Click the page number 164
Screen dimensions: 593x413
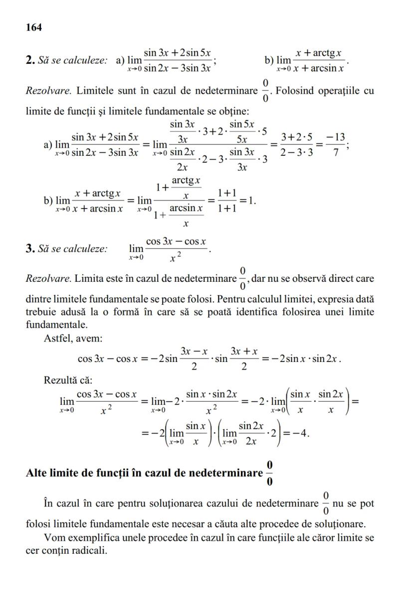[x=33, y=27]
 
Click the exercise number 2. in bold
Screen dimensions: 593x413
[x=29, y=60]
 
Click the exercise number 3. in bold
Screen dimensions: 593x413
[x=29, y=248]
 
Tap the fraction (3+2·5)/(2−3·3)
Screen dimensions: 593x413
[x=297, y=145]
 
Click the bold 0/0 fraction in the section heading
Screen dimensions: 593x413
[x=269, y=473]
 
